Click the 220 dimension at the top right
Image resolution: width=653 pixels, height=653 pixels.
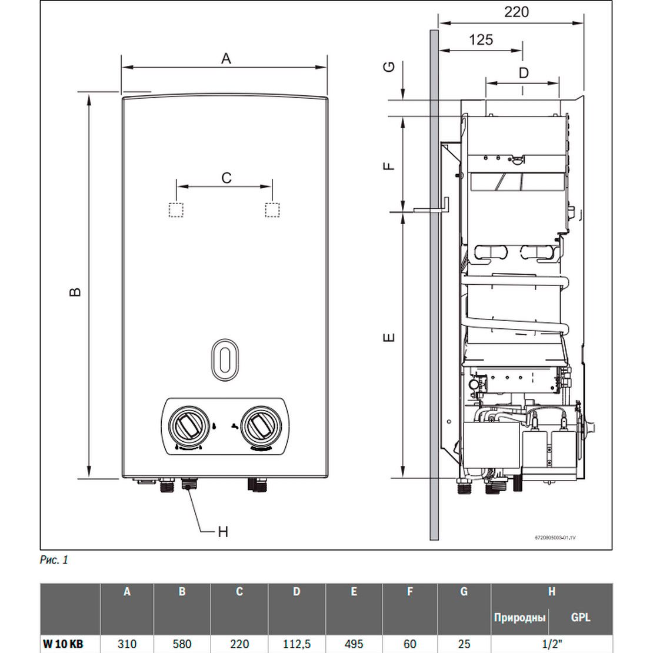point(516,12)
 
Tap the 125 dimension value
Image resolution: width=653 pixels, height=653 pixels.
point(481,40)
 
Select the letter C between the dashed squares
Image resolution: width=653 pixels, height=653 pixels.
point(226,177)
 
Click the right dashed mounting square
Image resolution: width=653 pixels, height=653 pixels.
point(272,210)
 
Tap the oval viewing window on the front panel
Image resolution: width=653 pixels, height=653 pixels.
point(224,357)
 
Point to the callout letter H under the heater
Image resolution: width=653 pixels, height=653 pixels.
point(222,532)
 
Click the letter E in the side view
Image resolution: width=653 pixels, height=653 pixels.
point(388,338)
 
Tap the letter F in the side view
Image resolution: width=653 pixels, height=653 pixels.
point(388,164)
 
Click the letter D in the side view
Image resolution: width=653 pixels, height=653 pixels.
point(523,73)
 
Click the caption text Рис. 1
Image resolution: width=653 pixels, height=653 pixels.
point(54,560)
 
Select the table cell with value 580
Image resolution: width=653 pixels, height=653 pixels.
point(182,644)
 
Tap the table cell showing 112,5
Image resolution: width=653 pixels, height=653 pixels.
point(296,644)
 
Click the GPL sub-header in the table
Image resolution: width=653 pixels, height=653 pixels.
point(580,617)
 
